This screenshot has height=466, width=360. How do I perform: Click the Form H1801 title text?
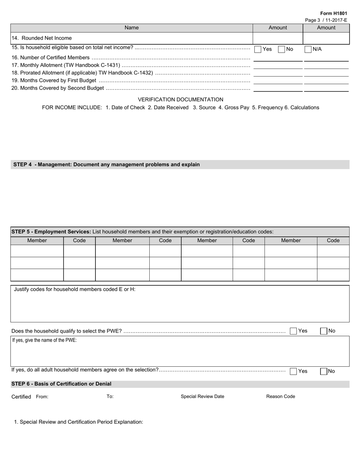pos(333,13)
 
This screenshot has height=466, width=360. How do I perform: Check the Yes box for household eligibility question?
pos(258,49)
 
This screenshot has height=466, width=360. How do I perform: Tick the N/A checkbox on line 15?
pos(308,49)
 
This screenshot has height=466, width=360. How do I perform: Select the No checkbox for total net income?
pos(282,49)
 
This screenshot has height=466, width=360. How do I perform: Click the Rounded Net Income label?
pos(42,38)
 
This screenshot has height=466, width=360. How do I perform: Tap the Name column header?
pos(131,28)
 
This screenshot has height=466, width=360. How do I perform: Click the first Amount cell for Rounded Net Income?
pos(277,38)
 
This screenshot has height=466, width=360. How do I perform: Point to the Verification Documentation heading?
pos(180,99)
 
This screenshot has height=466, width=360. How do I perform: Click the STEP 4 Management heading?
pos(106,164)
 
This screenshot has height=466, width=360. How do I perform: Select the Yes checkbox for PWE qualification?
pos(293,331)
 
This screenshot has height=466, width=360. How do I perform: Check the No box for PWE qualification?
pos(324,331)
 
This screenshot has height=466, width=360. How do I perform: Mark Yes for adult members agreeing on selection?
pos(293,371)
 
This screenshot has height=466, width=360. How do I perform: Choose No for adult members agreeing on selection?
pos(324,371)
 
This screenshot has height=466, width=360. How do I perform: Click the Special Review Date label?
pos(202,397)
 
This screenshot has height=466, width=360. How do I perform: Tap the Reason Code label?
pos(280,397)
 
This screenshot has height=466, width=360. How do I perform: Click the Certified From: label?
pos(30,397)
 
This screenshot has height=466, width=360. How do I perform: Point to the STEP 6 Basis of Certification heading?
pos(61,384)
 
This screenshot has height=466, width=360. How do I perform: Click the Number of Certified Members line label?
pos(51,58)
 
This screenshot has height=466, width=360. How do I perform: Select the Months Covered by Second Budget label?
pos(58,88)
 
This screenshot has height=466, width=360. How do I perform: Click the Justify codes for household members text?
pos(75,289)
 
